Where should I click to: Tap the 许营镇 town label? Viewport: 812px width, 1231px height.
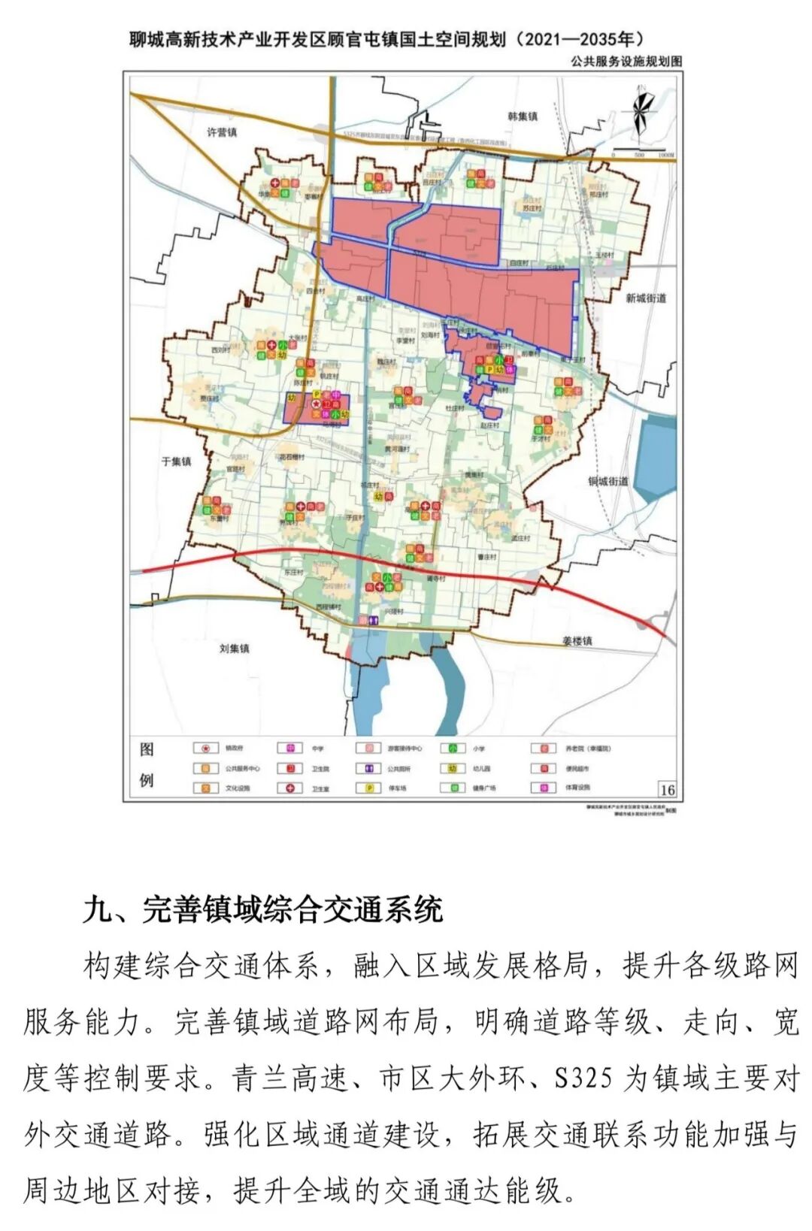tap(222, 132)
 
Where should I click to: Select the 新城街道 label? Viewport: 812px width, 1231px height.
tap(646, 298)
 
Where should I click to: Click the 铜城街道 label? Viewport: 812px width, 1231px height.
tap(607, 480)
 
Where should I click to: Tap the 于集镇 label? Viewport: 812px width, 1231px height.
tap(177, 461)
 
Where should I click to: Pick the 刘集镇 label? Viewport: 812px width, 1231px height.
tap(235, 648)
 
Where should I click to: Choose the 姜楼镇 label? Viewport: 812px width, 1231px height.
tap(577, 640)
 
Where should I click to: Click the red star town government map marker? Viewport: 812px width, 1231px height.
tap(316, 404)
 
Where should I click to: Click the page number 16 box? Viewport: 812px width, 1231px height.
tap(667, 789)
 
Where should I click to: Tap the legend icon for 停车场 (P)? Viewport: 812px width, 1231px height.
tap(371, 788)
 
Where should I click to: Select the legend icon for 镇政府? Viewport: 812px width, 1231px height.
tap(202, 749)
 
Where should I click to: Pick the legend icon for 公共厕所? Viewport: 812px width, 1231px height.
tap(371, 768)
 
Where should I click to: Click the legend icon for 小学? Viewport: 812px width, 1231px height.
tap(453, 749)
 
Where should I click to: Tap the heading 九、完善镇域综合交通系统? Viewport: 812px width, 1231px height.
tap(262, 909)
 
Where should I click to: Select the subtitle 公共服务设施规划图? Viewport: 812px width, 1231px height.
tap(626, 62)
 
